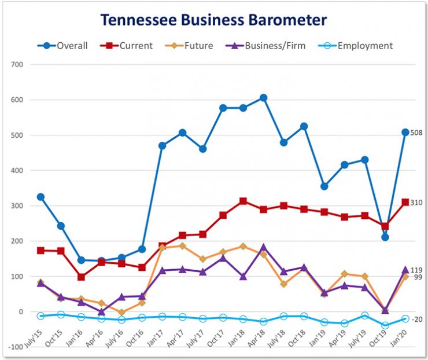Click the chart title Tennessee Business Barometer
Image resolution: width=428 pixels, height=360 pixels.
[213, 20]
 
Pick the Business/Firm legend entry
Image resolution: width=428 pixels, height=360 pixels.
[267, 46]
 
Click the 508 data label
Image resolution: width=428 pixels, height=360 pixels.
[416, 133]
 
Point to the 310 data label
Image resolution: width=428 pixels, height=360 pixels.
[416, 203]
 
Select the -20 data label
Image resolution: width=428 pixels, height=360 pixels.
[416, 319]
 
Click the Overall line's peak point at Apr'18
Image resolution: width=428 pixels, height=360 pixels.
[263, 98]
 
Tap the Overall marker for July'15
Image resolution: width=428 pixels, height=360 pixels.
[40, 197]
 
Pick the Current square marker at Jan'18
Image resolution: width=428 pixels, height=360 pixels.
[243, 201]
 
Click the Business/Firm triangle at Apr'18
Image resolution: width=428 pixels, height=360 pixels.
[263, 248]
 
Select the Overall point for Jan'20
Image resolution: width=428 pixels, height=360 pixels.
[405, 133]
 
